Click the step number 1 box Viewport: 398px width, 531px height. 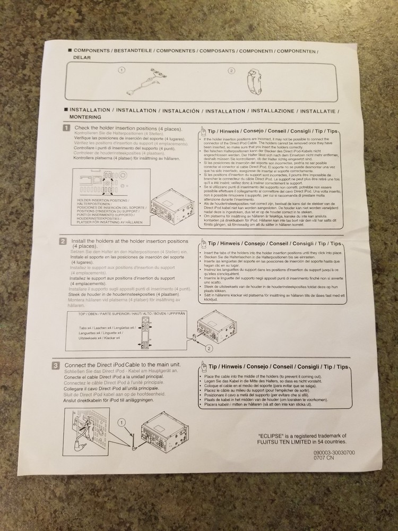[66, 128]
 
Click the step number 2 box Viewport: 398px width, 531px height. [63, 241]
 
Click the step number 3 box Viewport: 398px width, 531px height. [56, 365]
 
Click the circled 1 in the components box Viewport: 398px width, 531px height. [122, 70]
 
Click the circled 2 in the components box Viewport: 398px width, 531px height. [231, 71]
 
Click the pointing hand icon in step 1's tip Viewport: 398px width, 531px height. [203, 131]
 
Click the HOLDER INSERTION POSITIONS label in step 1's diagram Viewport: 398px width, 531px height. [103, 200]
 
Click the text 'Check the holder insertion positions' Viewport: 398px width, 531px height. [127, 129]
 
